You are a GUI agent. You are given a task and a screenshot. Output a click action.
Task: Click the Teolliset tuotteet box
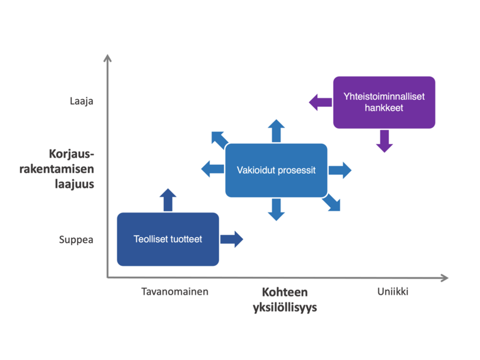point(168,239)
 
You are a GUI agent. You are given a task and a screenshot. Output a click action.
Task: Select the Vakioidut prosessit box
point(276,170)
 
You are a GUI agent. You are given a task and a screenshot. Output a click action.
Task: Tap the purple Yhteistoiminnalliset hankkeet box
point(384,102)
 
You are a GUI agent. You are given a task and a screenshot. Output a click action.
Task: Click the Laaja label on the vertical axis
point(81,101)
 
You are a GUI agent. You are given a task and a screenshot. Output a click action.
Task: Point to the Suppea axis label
point(76,240)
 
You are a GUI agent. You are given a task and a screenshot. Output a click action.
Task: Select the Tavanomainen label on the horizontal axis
point(175,292)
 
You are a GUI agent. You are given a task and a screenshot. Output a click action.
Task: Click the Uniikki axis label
point(392,292)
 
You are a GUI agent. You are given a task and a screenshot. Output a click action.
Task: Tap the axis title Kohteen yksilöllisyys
point(285,300)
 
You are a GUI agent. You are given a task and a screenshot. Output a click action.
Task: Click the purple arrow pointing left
point(320,102)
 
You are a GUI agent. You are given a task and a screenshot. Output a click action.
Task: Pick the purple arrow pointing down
point(385,141)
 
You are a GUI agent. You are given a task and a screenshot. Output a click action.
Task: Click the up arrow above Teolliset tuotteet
point(168,200)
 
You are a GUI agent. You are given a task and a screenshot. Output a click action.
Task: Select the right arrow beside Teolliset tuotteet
point(231,239)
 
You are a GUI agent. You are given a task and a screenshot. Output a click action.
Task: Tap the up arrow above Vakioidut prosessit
point(276,131)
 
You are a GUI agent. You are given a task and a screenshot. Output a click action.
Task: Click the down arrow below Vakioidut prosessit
point(276,209)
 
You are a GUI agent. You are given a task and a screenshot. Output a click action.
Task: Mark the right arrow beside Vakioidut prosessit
point(340,170)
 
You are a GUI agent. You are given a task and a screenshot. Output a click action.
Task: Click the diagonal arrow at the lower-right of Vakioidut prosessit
point(332,202)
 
